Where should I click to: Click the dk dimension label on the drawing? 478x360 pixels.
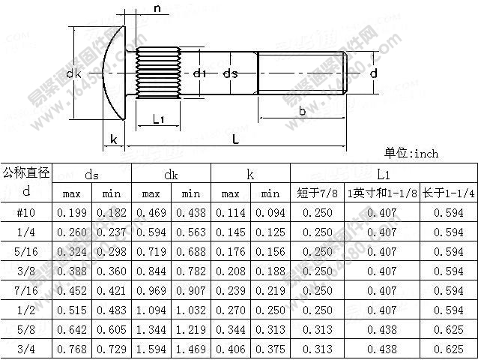coord(73,73)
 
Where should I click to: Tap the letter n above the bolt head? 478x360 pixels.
coord(157,8)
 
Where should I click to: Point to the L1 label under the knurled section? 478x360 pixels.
coord(158,118)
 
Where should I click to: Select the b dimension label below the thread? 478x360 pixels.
coord(301,111)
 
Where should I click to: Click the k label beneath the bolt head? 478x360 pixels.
coord(113,139)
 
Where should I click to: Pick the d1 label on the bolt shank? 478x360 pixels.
coord(199,73)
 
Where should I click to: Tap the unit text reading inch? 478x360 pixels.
coord(411,153)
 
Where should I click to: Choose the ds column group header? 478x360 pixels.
coord(91,174)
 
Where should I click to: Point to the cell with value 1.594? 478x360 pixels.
coord(151,349)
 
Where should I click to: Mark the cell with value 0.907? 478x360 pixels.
coord(190,290)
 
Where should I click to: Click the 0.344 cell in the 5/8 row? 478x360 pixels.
coord(231,329)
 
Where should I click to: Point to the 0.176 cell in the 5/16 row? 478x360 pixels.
coord(231,251)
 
